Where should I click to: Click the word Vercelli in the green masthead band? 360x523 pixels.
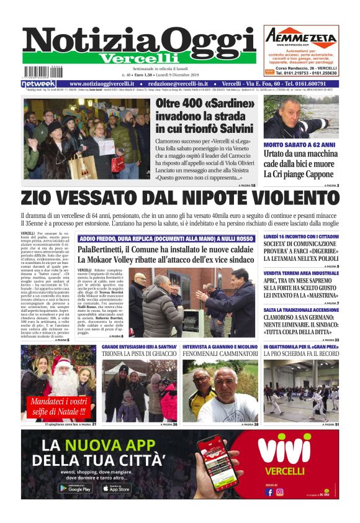click(x=139, y=58)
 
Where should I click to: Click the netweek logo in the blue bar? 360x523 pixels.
click(x=38, y=84)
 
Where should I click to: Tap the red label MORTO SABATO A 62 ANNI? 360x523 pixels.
click(x=299, y=145)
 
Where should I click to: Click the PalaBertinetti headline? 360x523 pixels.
click(x=166, y=251)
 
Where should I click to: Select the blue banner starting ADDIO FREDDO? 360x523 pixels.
click(x=166, y=239)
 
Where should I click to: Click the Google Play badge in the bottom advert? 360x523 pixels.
click(x=76, y=488)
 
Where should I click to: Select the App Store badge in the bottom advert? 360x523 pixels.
click(x=116, y=488)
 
